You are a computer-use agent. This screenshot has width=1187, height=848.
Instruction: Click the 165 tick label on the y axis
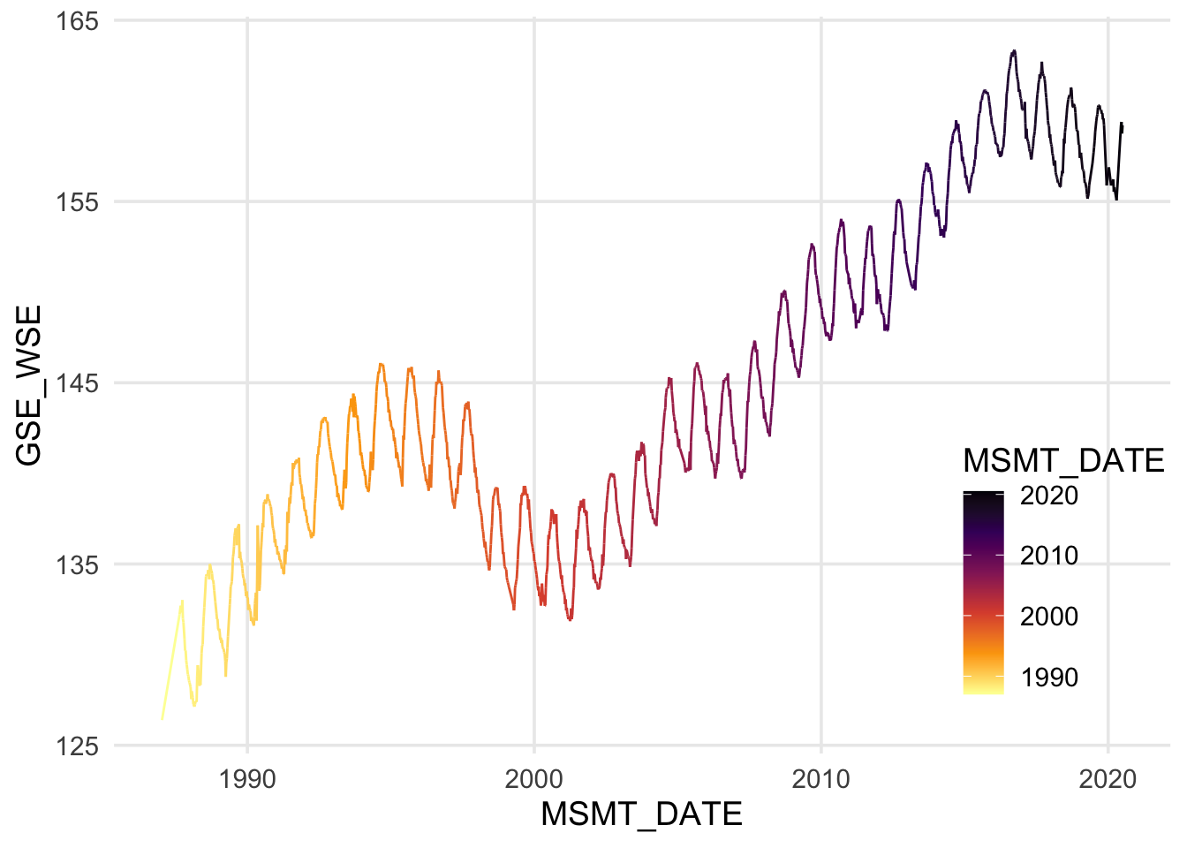pos(77,20)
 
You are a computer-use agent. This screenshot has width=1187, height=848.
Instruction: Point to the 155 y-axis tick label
pos(77,201)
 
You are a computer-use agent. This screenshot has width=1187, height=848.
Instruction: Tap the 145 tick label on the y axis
pos(77,383)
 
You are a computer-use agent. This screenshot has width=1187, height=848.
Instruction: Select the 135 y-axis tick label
pos(77,564)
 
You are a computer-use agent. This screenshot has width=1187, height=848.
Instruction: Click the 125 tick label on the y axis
pos(77,746)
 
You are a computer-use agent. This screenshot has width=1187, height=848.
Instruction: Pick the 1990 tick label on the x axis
pos(247,779)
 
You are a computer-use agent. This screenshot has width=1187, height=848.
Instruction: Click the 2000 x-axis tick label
pos(534,779)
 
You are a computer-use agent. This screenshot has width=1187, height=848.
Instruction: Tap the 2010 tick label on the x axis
pos(821,779)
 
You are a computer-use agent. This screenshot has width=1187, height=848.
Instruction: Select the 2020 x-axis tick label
pos(1108,779)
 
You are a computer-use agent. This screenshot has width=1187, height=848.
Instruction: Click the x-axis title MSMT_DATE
pos(641,814)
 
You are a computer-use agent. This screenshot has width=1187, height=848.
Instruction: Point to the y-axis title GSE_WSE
pos(28,384)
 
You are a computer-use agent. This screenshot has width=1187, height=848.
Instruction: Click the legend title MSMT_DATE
pos(1063,460)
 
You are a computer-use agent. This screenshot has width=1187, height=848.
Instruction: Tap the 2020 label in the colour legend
pos(1049,496)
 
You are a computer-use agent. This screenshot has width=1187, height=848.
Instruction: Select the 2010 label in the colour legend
pos(1049,556)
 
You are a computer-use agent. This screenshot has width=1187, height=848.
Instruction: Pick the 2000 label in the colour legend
pos(1049,617)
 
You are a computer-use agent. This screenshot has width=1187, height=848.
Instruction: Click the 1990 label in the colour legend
pos(1049,678)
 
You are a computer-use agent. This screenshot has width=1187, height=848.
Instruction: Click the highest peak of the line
pos(1014,51)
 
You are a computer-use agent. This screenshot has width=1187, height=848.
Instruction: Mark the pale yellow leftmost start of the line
pos(163,719)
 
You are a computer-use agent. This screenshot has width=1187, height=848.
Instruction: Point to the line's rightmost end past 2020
pos(1122,128)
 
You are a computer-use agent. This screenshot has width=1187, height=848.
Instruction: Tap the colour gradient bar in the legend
pos(983,592)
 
